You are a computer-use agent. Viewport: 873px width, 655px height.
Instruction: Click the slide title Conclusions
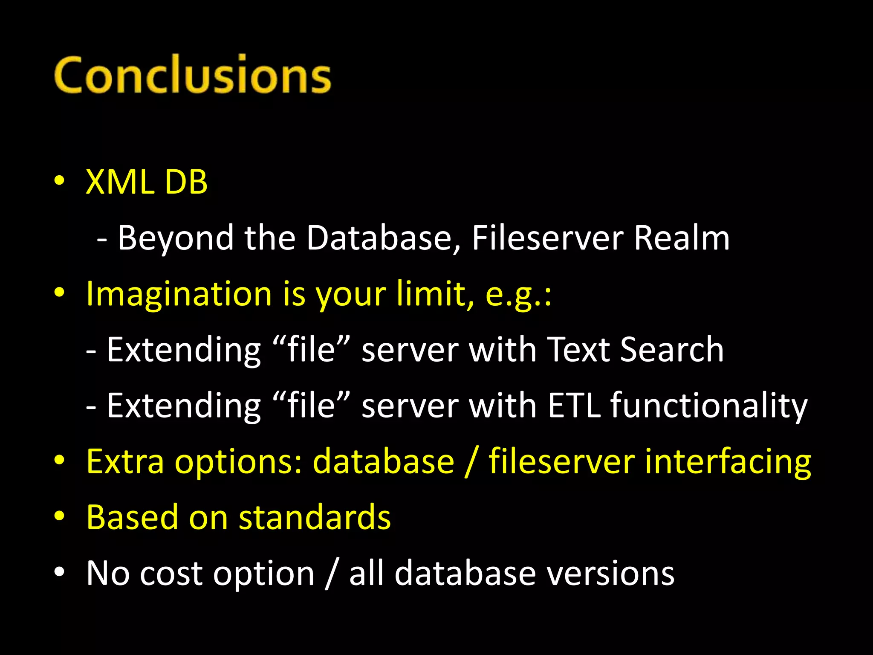pos(193,75)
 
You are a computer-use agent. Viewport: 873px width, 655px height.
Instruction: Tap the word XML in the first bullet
pos(120,182)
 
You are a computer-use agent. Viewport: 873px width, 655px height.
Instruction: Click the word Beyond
pos(176,238)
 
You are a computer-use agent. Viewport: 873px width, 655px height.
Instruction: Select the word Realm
pos(682,238)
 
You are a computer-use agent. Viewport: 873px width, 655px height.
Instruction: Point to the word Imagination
pos(179,294)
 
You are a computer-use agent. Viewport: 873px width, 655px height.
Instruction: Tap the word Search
pos(672,350)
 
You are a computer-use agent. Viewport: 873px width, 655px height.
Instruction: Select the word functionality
pos(709,406)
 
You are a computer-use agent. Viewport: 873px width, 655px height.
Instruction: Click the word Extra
pos(125,461)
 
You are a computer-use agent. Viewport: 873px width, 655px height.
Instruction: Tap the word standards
pos(315,517)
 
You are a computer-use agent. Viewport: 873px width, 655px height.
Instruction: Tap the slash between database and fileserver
pos(471,461)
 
